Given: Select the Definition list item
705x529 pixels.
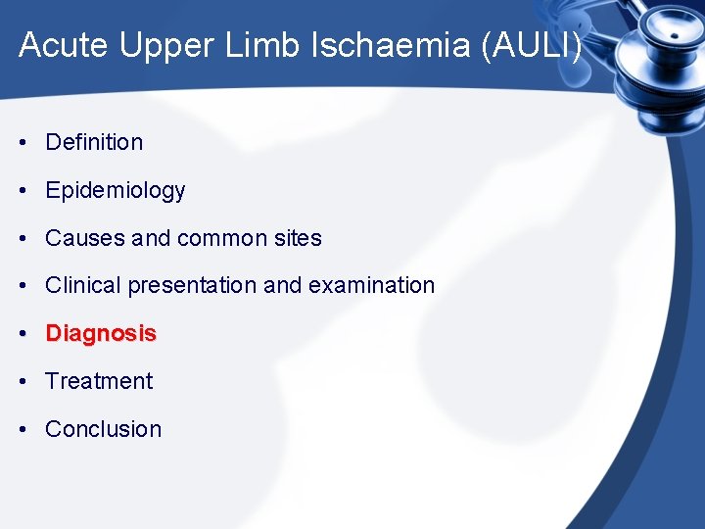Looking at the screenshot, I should pos(94,142).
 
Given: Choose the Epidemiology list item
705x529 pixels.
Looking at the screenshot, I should pos(115,190).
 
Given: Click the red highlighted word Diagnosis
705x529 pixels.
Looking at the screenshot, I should pos(101,334).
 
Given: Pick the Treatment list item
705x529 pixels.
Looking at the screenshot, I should pos(99,381).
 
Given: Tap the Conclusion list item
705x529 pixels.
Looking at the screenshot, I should pos(103,429).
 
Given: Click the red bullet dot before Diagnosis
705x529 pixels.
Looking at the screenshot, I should pos(23,334).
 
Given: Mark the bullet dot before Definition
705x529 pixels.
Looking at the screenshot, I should pos(23,142).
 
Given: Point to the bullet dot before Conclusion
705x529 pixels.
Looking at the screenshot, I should pos(23,429).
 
